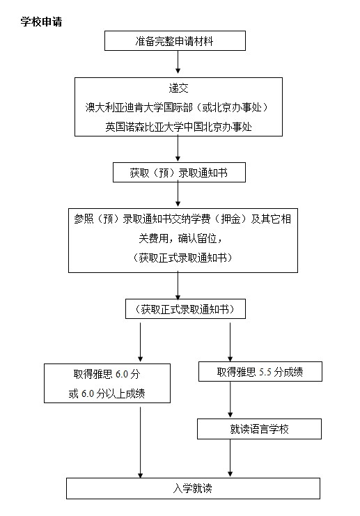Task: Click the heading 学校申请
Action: (x=41, y=22)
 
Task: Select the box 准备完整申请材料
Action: (x=175, y=41)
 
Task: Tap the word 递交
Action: (x=178, y=88)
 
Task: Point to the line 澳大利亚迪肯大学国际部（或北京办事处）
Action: (x=178, y=107)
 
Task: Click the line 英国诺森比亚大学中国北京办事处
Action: (x=178, y=127)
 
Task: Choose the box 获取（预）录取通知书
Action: (x=180, y=172)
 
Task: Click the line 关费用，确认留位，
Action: (x=180, y=238)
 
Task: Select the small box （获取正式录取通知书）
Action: (x=186, y=309)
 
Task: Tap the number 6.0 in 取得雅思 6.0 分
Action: (x=122, y=374)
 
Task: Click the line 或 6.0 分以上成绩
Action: (x=107, y=393)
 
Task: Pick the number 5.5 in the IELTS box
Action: (x=265, y=372)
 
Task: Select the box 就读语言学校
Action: (x=259, y=429)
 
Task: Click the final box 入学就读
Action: (x=193, y=488)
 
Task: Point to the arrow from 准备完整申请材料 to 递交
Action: (x=178, y=62)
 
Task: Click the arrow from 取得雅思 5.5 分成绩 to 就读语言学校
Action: (x=230, y=400)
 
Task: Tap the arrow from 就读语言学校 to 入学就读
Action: (x=230, y=458)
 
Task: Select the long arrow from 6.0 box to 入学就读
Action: (x=141, y=440)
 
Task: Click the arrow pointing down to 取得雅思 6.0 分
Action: (x=141, y=342)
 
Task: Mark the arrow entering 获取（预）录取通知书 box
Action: (x=178, y=149)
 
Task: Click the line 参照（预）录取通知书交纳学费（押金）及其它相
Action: (x=182, y=219)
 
